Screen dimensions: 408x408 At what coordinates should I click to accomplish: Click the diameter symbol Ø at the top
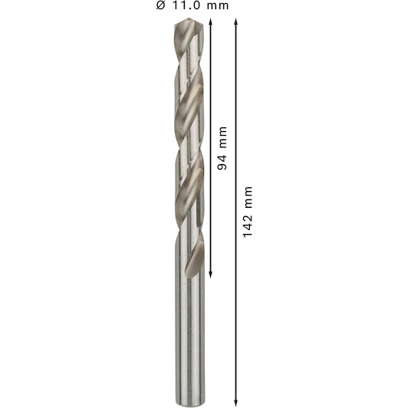pos(160,5)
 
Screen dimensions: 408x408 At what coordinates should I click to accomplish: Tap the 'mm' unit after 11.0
pos(218,6)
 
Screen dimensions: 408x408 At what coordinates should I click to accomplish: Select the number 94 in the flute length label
pos(222,163)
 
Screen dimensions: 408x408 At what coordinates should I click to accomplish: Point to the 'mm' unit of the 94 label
pos(222,137)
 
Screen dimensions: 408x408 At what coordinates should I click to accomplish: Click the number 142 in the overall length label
pos(248,226)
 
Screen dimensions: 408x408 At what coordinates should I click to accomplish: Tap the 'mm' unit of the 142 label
pos(248,197)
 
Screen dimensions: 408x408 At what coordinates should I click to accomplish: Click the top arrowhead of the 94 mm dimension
pos(211,21)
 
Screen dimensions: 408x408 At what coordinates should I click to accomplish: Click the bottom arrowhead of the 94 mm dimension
pos(211,275)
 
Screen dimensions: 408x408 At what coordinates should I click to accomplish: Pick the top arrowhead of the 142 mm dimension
pos(235,21)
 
